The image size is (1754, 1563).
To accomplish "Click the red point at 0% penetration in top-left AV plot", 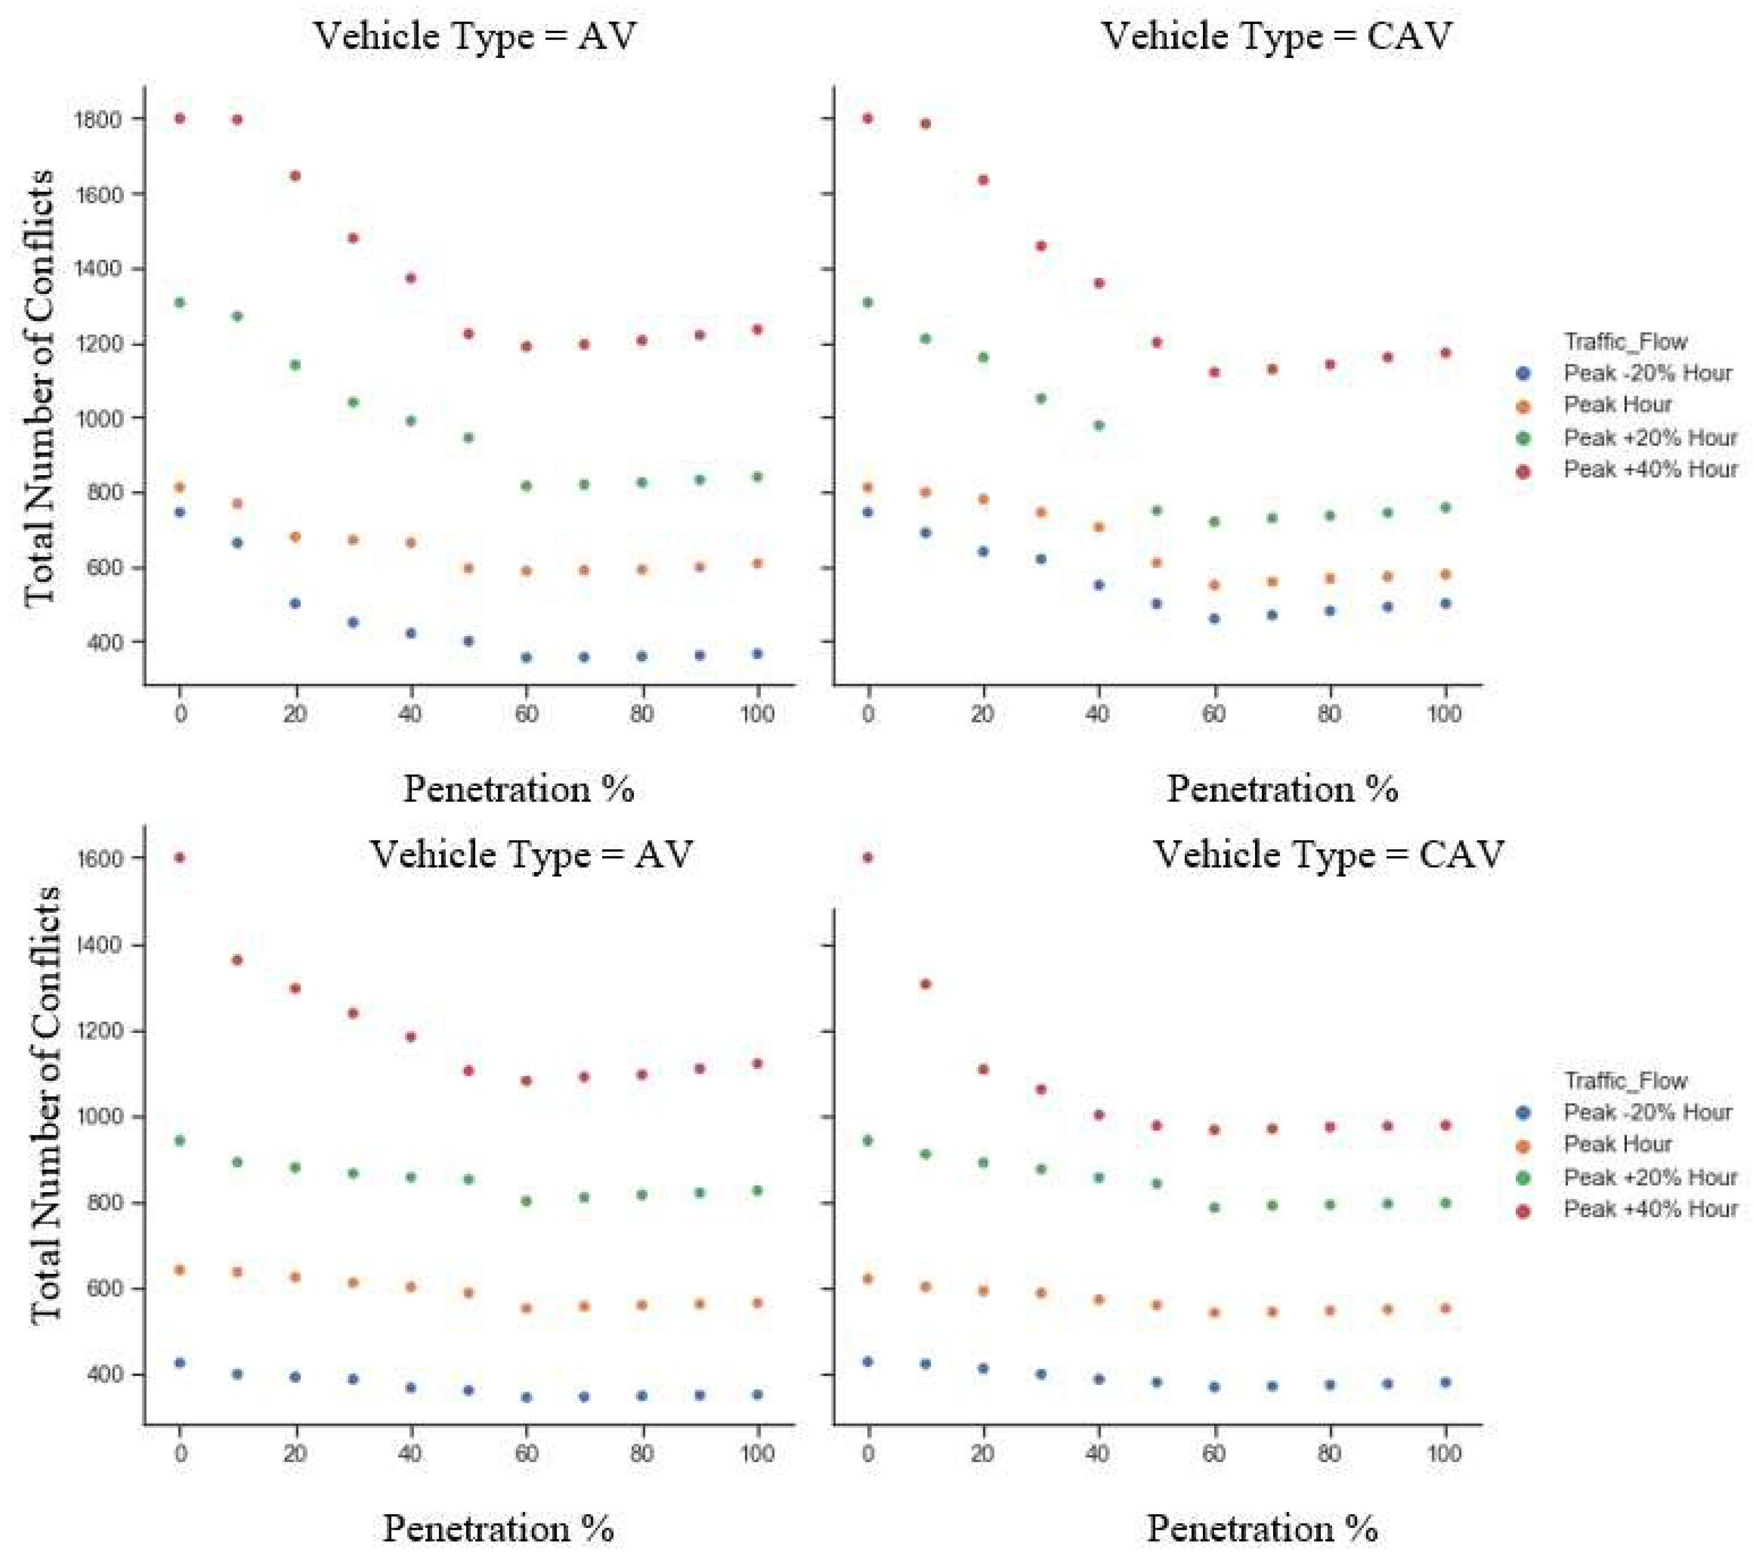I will pos(179,118).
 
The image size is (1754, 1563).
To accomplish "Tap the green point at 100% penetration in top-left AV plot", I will pos(757,477).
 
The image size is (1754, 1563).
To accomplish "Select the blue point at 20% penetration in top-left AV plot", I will pos(295,603).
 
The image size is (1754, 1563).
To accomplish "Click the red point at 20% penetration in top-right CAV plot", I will pos(983,179).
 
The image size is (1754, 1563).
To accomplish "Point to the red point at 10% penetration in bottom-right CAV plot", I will pos(925,984).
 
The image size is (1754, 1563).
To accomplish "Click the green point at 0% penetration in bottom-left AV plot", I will pos(179,1141).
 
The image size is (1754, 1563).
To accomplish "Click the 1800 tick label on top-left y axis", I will pos(97,119).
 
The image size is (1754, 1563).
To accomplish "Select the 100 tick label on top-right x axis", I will pos(1444,714).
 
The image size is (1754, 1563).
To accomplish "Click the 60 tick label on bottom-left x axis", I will pos(526,1453).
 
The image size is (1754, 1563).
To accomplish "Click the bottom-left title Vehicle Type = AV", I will pos(531,855).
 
